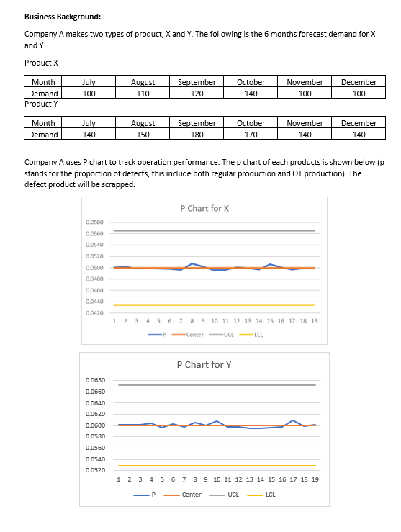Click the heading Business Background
click(x=55, y=17)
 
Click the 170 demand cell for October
click(x=251, y=134)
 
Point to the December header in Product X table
click(x=359, y=82)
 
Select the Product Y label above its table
click(x=41, y=104)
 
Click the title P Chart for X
click(x=204, y=209)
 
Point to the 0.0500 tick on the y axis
click(x=95, y=267)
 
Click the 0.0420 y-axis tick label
click(x=95, y=313)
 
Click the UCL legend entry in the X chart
click(x=225, y=335)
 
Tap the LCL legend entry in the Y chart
click(x=264, y=495)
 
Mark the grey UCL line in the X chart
click(x=216, y=230)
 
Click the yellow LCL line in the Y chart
click(x=216, y=466)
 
